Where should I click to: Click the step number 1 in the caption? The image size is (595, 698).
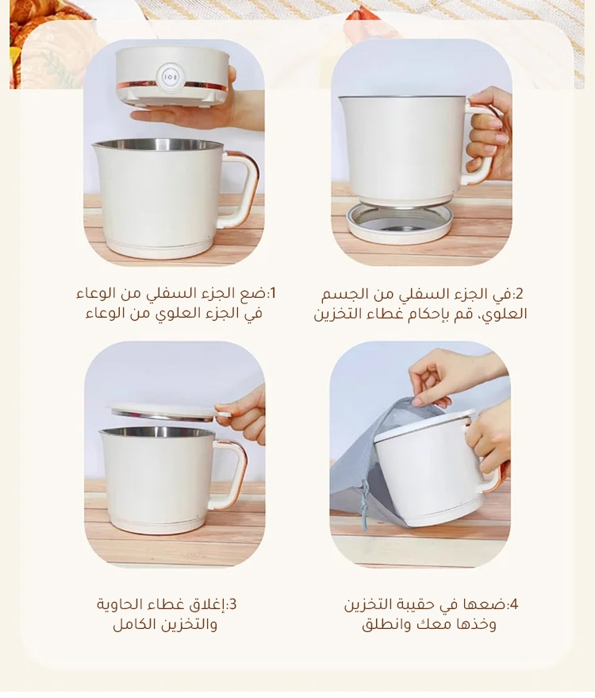(x=274, y=293)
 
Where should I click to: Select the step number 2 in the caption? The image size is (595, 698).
(x=520, y=294)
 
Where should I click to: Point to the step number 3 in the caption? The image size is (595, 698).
(x=232, y=604)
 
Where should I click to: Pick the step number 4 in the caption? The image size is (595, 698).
(x=514, y=604)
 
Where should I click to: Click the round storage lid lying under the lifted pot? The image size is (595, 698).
(x=399, y=223)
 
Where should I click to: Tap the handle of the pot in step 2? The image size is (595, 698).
(x=480, y=142)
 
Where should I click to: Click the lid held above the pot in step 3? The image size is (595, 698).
(x=170, y=412)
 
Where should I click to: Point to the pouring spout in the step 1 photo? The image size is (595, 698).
(x=98, y=146)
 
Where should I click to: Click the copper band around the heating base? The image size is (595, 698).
(x=173, y=85)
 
